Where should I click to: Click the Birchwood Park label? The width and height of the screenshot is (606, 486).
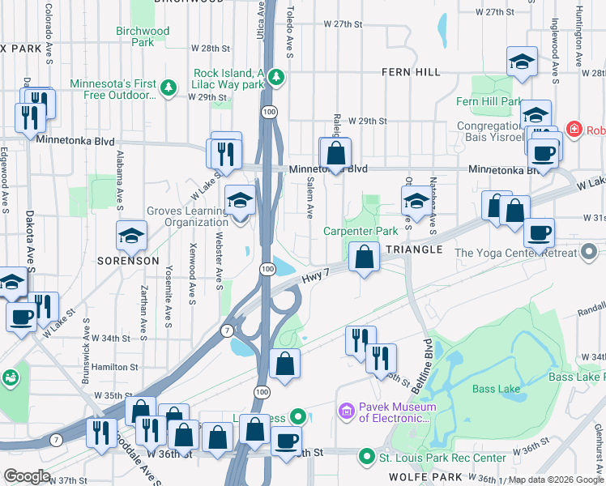coord(143,36)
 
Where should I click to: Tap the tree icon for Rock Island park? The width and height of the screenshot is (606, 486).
coord(277,77)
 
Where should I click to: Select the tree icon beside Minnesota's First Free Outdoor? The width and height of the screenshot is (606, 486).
coord(169,87)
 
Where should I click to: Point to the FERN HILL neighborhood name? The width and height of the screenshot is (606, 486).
coord(412,72)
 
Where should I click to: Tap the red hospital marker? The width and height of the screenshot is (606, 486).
coord(574,129)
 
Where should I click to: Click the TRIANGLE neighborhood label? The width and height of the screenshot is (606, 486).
coord(413,249)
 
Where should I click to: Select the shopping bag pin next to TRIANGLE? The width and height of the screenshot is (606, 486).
coord(365,258)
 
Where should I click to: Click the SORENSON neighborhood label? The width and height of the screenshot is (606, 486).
coord(128,262)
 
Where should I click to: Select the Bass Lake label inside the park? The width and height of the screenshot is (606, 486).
coord(496,390)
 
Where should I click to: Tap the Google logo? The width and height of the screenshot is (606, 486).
coord(28,476)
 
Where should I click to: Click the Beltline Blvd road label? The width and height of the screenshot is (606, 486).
coord(425,360)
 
